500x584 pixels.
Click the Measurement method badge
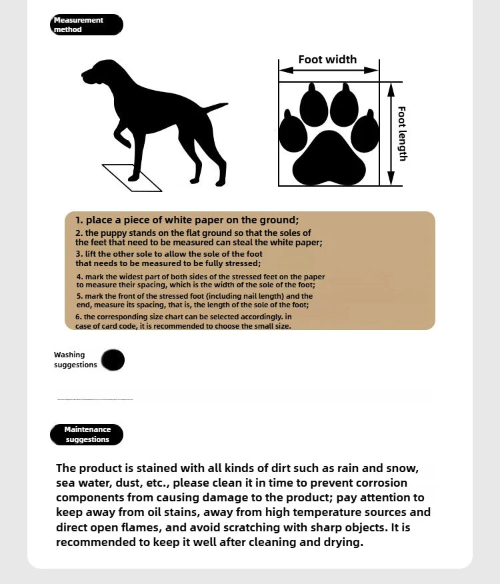click(86, 25)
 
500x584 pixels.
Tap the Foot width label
click(327, 59)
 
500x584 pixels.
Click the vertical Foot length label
click(402, 133)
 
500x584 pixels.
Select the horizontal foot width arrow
click(329, 70)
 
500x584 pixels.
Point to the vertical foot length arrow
click(391, 133)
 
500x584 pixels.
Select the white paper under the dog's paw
click(132, 177)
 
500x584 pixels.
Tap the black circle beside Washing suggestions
click(113, 360)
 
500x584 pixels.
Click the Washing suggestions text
click(75, 360)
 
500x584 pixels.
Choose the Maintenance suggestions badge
click(87, 435)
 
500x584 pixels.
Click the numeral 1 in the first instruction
click(78, 220)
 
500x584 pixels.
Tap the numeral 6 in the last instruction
click(77, 317)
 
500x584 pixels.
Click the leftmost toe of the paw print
click(292, 133)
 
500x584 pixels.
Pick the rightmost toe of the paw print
click(365, 133)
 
